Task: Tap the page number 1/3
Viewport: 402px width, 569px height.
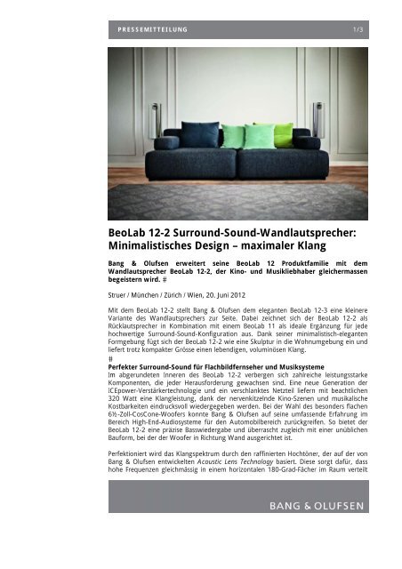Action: (x=358, y=30)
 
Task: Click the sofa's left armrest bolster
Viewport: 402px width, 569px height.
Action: (x=167, y=142)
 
